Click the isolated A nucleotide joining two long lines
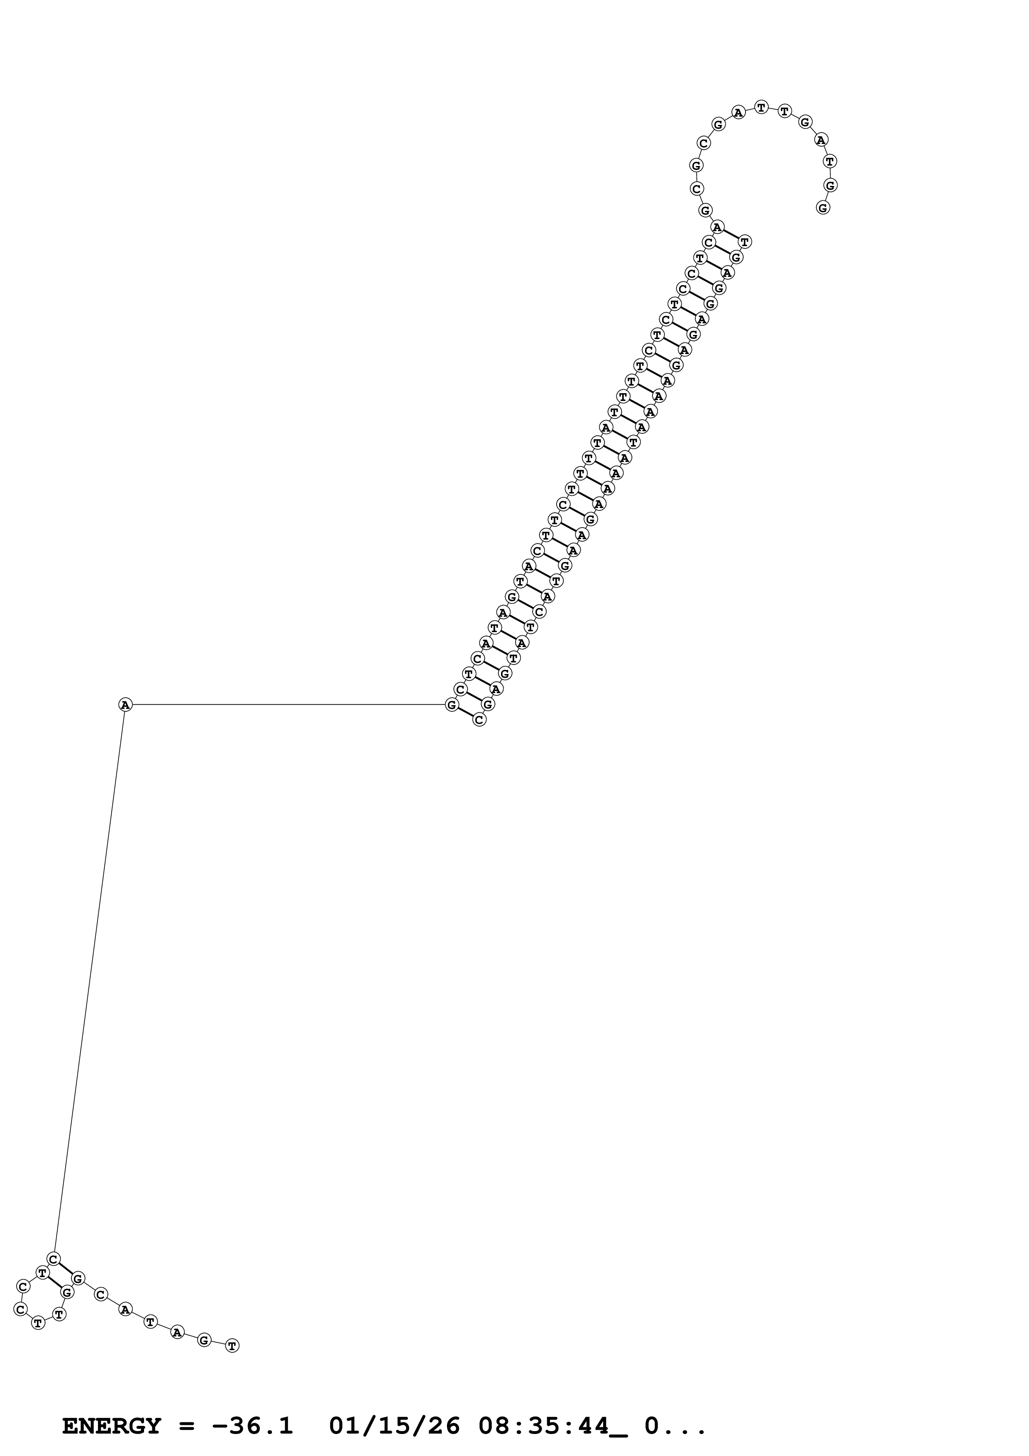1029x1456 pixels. pos(125,704)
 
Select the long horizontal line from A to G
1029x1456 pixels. pos(285,704)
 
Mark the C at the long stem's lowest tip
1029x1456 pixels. pos(479,720)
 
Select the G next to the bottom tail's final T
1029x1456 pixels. pos(203,1340)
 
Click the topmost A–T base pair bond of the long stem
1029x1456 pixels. pos(731,234)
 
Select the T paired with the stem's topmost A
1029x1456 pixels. pos(745,242)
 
